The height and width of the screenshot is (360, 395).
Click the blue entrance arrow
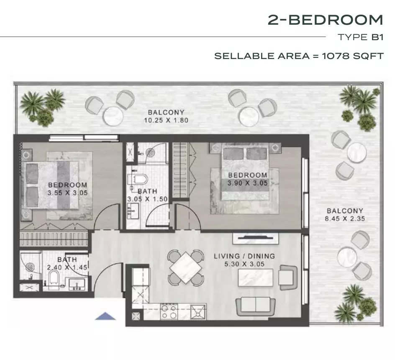[105, 316]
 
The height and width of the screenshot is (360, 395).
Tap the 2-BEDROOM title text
[325, 20]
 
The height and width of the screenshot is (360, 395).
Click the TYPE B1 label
[361, 37]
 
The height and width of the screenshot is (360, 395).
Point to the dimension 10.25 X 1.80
[166, 120]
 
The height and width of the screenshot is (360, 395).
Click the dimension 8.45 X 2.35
[345, 219]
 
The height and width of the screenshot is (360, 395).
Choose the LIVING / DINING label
[244, 256]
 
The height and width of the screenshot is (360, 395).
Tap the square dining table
[186, 267]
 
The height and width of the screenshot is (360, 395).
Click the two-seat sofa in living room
[256, 306]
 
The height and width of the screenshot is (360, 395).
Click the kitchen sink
[198, 312]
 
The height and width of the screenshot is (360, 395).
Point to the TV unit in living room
[256, 239]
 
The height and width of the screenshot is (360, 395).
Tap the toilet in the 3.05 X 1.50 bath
[138, 179]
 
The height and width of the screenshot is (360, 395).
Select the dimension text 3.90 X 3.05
[247, 183]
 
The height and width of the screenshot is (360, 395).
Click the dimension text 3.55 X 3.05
[67, 193]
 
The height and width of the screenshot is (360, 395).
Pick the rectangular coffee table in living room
[255, 278]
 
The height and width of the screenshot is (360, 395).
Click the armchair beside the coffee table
[288, 277]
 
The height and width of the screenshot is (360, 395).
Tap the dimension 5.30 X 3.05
[244, 264]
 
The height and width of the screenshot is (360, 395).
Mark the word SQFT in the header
[368, 56]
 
